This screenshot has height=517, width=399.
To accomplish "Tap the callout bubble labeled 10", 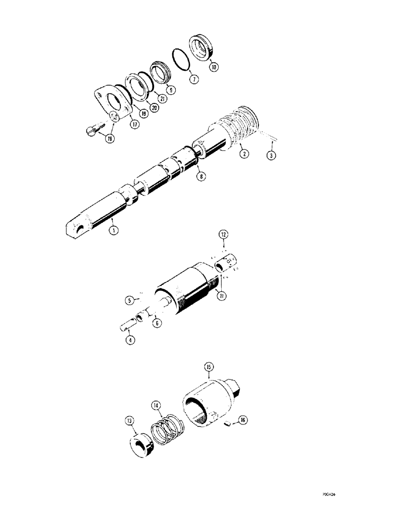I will click(213, 66).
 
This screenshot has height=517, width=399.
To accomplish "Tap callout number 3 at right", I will click(271, 154).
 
